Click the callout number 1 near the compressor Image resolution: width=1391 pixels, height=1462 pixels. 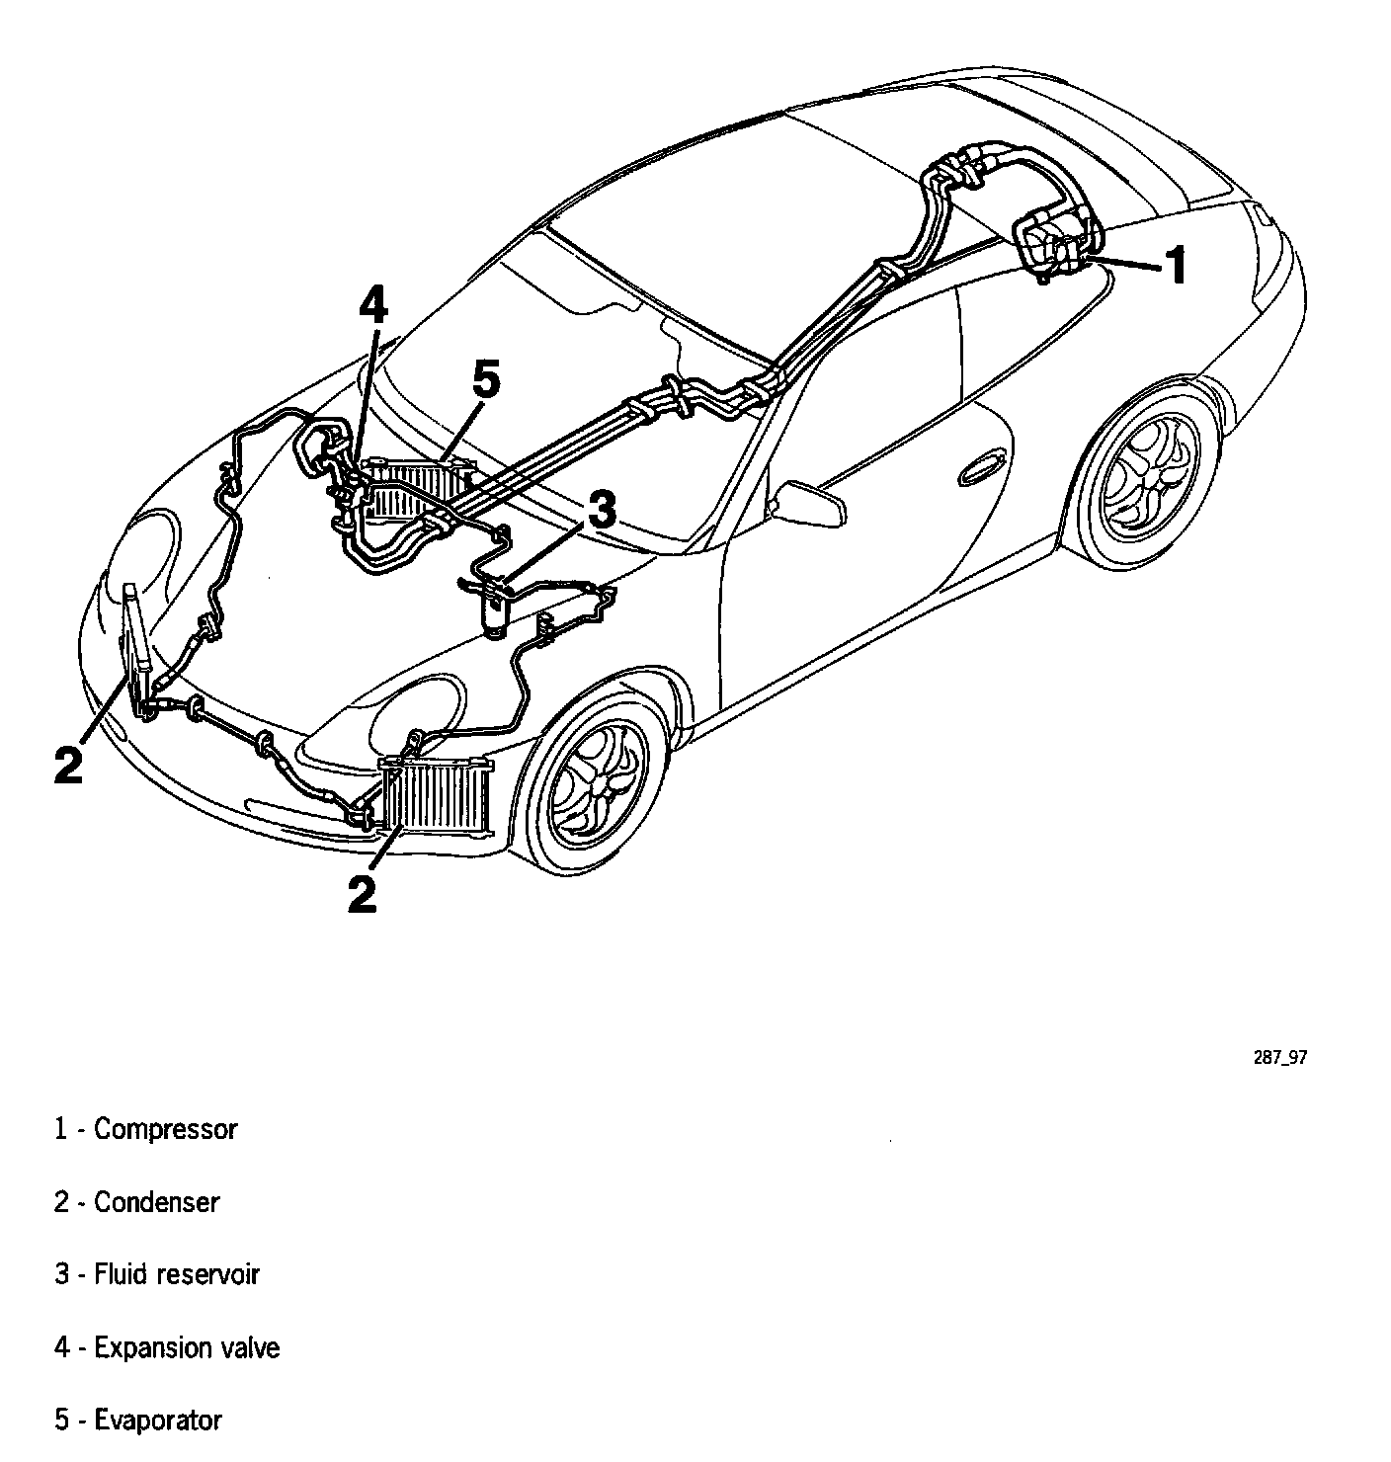tap(1175, 267)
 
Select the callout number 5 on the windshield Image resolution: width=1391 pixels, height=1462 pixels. tap(486, 380)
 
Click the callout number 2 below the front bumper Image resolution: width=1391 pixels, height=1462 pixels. tap(363, 894)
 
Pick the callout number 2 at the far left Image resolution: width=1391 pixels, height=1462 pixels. tap(68, 765)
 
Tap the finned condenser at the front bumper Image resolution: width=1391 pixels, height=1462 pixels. tap(436, 794)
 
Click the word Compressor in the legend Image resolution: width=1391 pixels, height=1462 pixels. tap(166, 1129)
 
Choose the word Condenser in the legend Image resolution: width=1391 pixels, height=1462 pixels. tap(156, 1202)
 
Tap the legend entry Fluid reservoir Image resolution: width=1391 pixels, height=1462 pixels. tap(176, 1274)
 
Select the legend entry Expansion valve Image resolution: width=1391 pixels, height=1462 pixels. tap(187, 1347)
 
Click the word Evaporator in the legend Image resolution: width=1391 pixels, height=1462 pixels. tap(158, 1421)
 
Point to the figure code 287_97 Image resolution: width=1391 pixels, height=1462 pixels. tap(1280, 1057)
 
